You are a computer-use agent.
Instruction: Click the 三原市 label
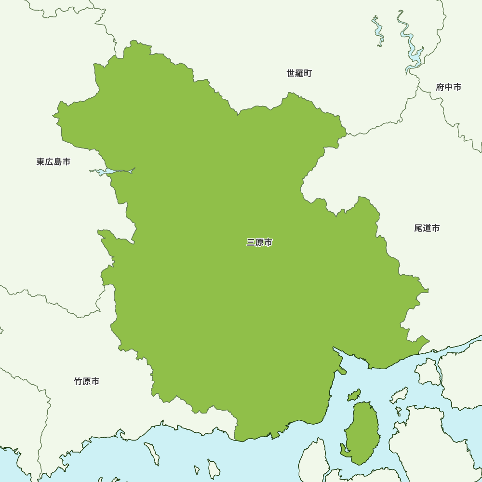(259, 242)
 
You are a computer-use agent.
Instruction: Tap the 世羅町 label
(299, 73)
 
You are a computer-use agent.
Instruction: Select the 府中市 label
(448, 87)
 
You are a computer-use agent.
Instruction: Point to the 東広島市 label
(53, 162)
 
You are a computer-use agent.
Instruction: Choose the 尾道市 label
(427, 228)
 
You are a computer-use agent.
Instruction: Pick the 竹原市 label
(87, 381)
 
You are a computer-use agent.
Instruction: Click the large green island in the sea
(362, 431)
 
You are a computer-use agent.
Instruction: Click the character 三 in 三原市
(251, 242)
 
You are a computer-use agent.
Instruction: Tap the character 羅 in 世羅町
(299, 73)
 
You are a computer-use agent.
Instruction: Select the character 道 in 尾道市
(427, 228)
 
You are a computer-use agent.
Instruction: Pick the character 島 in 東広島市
(57, 162)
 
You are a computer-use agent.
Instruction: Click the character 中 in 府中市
(448, 87)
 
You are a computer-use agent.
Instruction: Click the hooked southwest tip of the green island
(343, 451)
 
